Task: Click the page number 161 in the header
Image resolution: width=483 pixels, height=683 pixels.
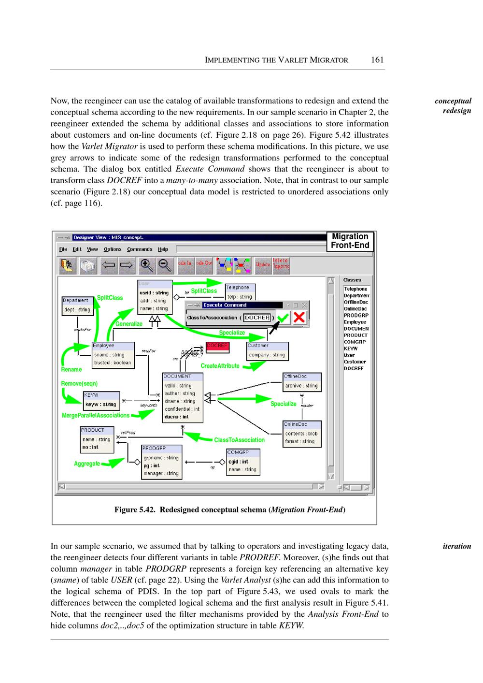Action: [x=377, y=60]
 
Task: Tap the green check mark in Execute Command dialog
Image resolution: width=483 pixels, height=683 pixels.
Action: [x=283, y=318]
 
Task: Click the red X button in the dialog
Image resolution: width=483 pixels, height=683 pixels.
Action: [x=299, y=317]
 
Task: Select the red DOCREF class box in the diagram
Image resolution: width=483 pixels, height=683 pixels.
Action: [x=217, y=346]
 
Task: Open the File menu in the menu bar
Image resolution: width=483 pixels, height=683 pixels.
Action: [x=63, y=249]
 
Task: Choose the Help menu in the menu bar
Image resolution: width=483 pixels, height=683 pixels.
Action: [x=163, y=249]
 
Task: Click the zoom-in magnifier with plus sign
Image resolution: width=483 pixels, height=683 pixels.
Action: [x=146, y=265]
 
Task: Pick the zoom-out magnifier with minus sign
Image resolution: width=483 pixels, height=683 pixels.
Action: [x=165, y=265]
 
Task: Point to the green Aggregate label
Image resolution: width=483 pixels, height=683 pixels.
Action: [x=87, y=464]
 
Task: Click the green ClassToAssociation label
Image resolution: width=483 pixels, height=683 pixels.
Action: [x=239, y=440]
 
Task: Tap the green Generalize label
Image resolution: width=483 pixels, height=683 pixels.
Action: [x=129, y=324]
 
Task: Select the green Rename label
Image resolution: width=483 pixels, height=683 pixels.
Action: [x=71, y=369]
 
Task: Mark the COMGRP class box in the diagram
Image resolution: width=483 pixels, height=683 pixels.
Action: [x=243, y=461]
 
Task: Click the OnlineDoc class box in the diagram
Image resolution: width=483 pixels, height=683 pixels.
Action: [x=301, y=434]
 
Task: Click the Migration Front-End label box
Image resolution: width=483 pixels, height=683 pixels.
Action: [x=350, y=241]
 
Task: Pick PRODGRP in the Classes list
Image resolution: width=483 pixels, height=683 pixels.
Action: [x=355, y=315]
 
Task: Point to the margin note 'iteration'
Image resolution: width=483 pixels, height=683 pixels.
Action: [x=456, y=546]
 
